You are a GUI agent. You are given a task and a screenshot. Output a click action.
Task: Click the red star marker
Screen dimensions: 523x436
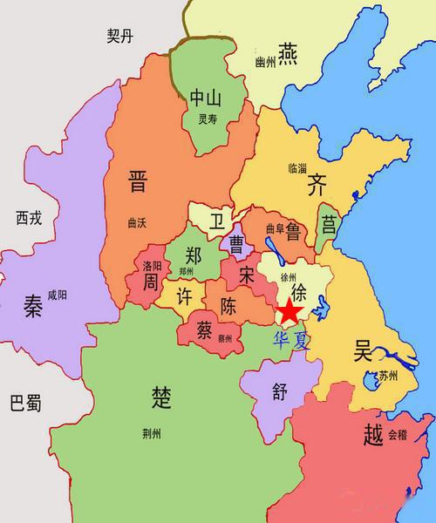coord(290,309)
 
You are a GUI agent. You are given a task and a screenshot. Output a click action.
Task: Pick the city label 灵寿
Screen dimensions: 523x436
coord(208,119)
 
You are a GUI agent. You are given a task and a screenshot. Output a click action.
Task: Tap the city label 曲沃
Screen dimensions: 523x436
coord(137,221)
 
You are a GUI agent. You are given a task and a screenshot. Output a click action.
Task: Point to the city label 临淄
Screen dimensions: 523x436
coord(296,166)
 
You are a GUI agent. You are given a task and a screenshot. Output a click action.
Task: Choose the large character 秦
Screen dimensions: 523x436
coord(33,308)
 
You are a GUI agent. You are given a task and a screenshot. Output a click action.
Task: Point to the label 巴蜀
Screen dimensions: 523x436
coord(25,404)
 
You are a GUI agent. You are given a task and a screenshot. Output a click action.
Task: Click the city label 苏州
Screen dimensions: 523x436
coord(385,377)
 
